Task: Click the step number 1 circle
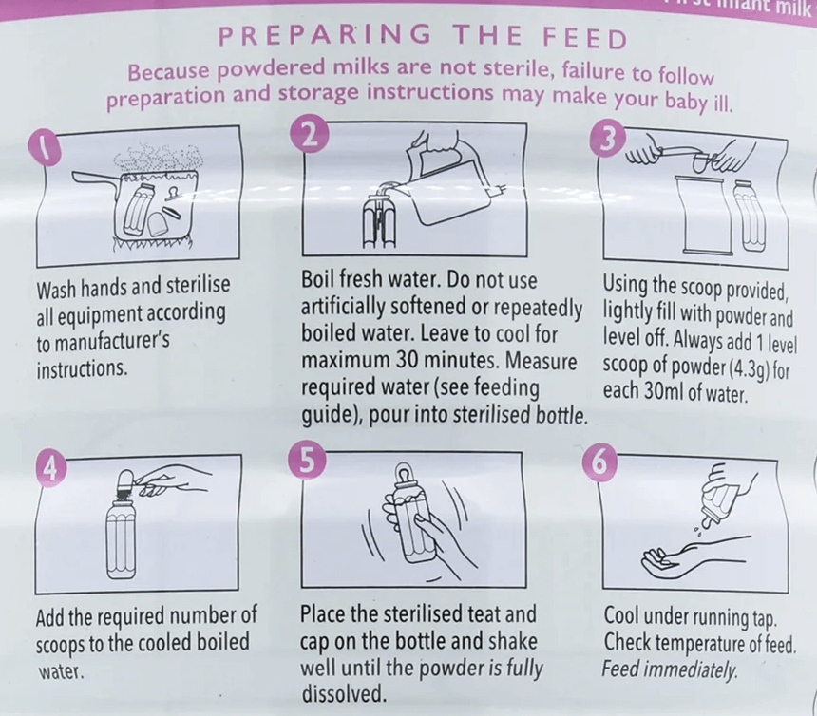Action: coord(46,146)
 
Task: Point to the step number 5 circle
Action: coord(308,461)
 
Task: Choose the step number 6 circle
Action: coord(605,463)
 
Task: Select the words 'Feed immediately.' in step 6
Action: coord(670,669)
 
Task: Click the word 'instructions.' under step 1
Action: coord(82,368)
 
